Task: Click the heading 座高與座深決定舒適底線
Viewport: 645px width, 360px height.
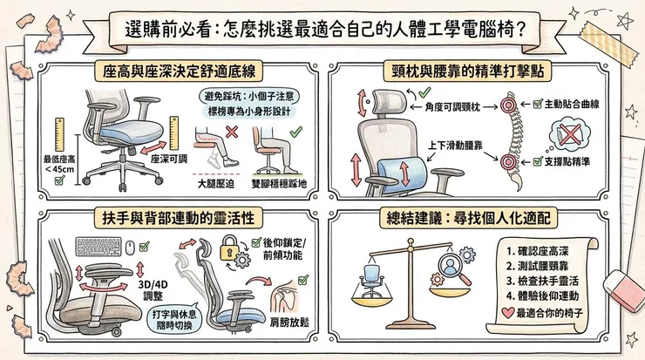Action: (x=165, y=69)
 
